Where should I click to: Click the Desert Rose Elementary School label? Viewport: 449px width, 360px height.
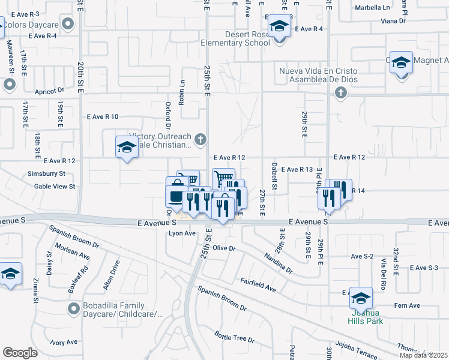point(248,38)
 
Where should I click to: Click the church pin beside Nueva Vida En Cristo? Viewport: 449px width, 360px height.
point(341,92)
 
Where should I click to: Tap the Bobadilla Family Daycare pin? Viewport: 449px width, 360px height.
point(74,309)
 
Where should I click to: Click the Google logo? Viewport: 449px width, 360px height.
point(20,352)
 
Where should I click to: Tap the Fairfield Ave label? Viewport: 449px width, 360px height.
point(258,284)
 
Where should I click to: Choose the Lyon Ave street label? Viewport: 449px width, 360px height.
point(182,233)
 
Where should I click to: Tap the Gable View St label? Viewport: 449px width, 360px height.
point(55,186)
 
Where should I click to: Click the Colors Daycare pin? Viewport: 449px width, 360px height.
point(68,25)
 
